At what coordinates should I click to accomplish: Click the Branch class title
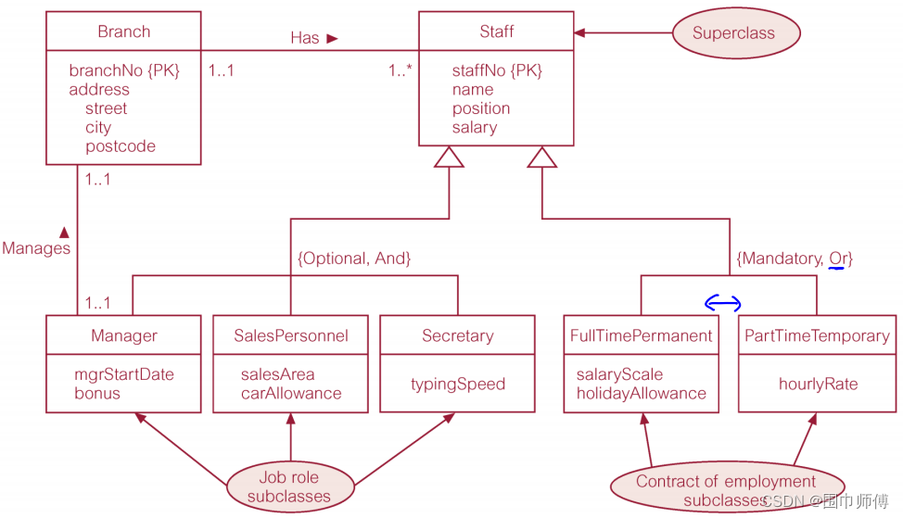coord(123,32)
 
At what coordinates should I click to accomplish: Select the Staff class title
coord(496,32)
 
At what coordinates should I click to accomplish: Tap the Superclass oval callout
coord(733,33)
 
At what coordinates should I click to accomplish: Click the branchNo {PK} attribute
coord(124,70)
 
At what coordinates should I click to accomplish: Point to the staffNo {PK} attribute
coord(497,70)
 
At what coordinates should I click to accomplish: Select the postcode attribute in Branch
coord(121,146)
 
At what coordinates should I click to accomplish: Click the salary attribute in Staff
coord(475,128)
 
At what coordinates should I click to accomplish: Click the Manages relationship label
coord(36,248)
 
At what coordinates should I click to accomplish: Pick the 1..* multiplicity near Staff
coord(400,70)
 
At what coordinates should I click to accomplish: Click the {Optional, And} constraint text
coord(354,259)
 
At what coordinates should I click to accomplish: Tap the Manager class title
coord(123,335)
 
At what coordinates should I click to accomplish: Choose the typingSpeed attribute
coord(458,384)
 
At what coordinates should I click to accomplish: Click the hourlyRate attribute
coord(818,384)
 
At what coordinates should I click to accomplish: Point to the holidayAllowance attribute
coord(641,394)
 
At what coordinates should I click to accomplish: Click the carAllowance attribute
coord(291,394)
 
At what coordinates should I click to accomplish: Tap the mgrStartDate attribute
coord(124,374)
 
